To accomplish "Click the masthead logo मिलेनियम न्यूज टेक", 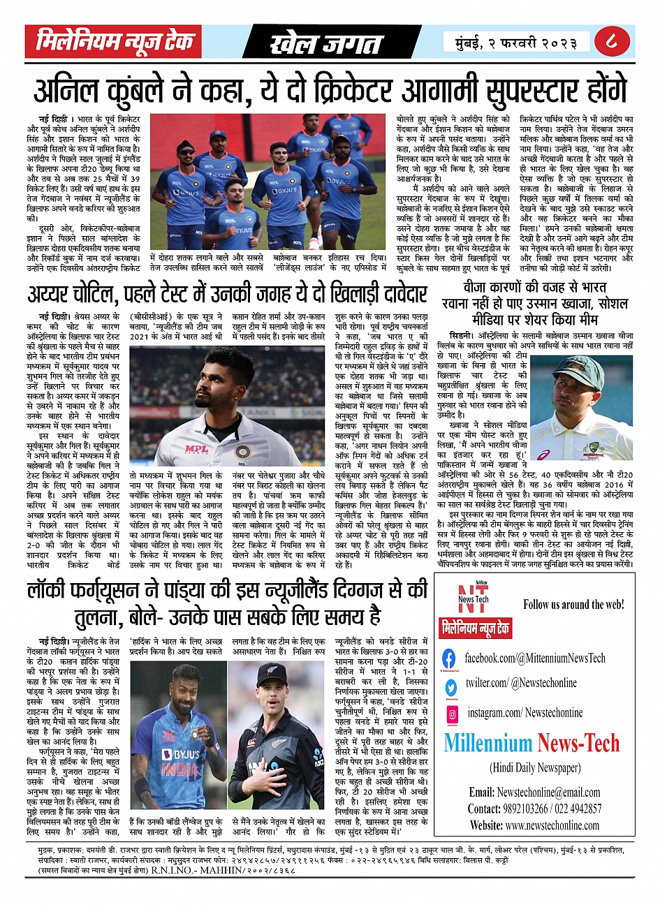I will click(x=115, y=42).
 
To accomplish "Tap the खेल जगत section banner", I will click(x=327, y=44).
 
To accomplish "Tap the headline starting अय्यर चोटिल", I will click(x=228, y=293).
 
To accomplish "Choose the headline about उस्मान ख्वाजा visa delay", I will click(x=535, y=304).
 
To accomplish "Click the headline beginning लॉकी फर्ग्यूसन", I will click(x=228, y=603).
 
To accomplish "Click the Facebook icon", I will click(x=449, y=658).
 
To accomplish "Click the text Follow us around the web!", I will click(x=573, y=604).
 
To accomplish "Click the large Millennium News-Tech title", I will click(x=531, y=744).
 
